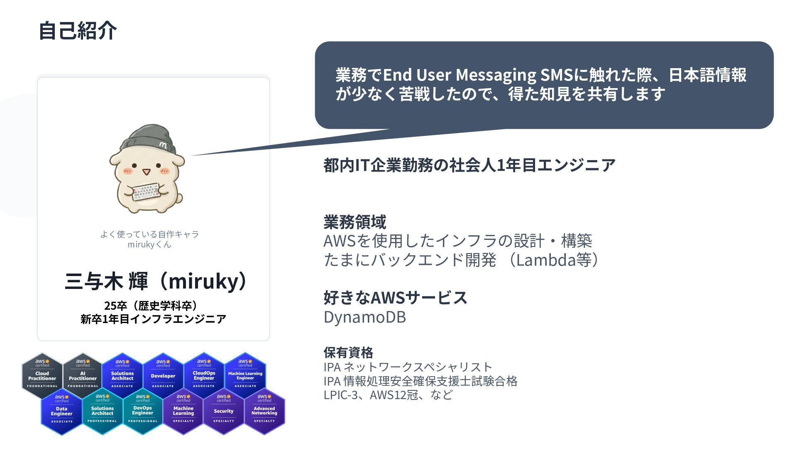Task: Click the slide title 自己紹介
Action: tap(78, 31)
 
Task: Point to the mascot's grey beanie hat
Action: tap(147, 139)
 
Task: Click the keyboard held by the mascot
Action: tap(146, 192)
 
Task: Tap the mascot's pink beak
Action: tap(146, 172)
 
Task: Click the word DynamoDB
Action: tap(364, 317)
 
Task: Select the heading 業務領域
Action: tap(354, 222)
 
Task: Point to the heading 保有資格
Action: tap(348, 353)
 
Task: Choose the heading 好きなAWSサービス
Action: tap(395, 298)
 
